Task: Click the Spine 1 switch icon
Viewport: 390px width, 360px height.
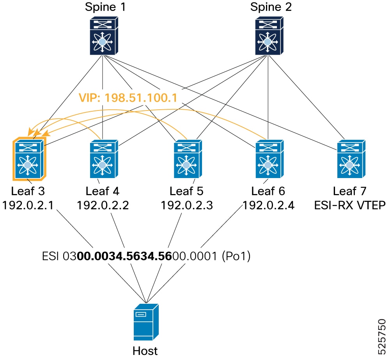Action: (104, 36)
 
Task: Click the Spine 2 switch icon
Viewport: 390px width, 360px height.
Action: (269, 36)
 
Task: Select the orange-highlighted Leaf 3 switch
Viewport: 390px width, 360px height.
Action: (29, 159)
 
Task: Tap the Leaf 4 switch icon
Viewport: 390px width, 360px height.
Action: (104, 159)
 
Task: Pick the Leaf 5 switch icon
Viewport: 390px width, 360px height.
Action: (188, 159)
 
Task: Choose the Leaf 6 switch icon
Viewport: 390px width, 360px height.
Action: (269, 159)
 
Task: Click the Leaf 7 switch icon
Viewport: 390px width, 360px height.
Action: (351, 159)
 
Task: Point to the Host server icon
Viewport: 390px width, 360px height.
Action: (146, 322)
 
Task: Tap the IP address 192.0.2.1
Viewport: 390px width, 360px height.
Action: (28, 205)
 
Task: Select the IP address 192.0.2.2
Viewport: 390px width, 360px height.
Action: (103, 205)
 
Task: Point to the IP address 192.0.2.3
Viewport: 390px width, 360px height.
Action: (187, 205)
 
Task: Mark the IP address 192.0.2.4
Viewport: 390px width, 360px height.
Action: (268, 205)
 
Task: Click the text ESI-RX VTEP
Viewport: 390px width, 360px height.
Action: (350, 205)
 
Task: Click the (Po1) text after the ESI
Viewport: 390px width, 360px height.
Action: (236, 256)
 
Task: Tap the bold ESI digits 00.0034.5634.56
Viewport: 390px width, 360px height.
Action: (124, 256)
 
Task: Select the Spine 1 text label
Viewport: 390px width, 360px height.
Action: (105, 7)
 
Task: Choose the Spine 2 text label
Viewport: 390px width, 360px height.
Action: (271, 7)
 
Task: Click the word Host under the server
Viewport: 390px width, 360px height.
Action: (145, 351)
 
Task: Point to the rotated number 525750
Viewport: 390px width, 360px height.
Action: (381, 337)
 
